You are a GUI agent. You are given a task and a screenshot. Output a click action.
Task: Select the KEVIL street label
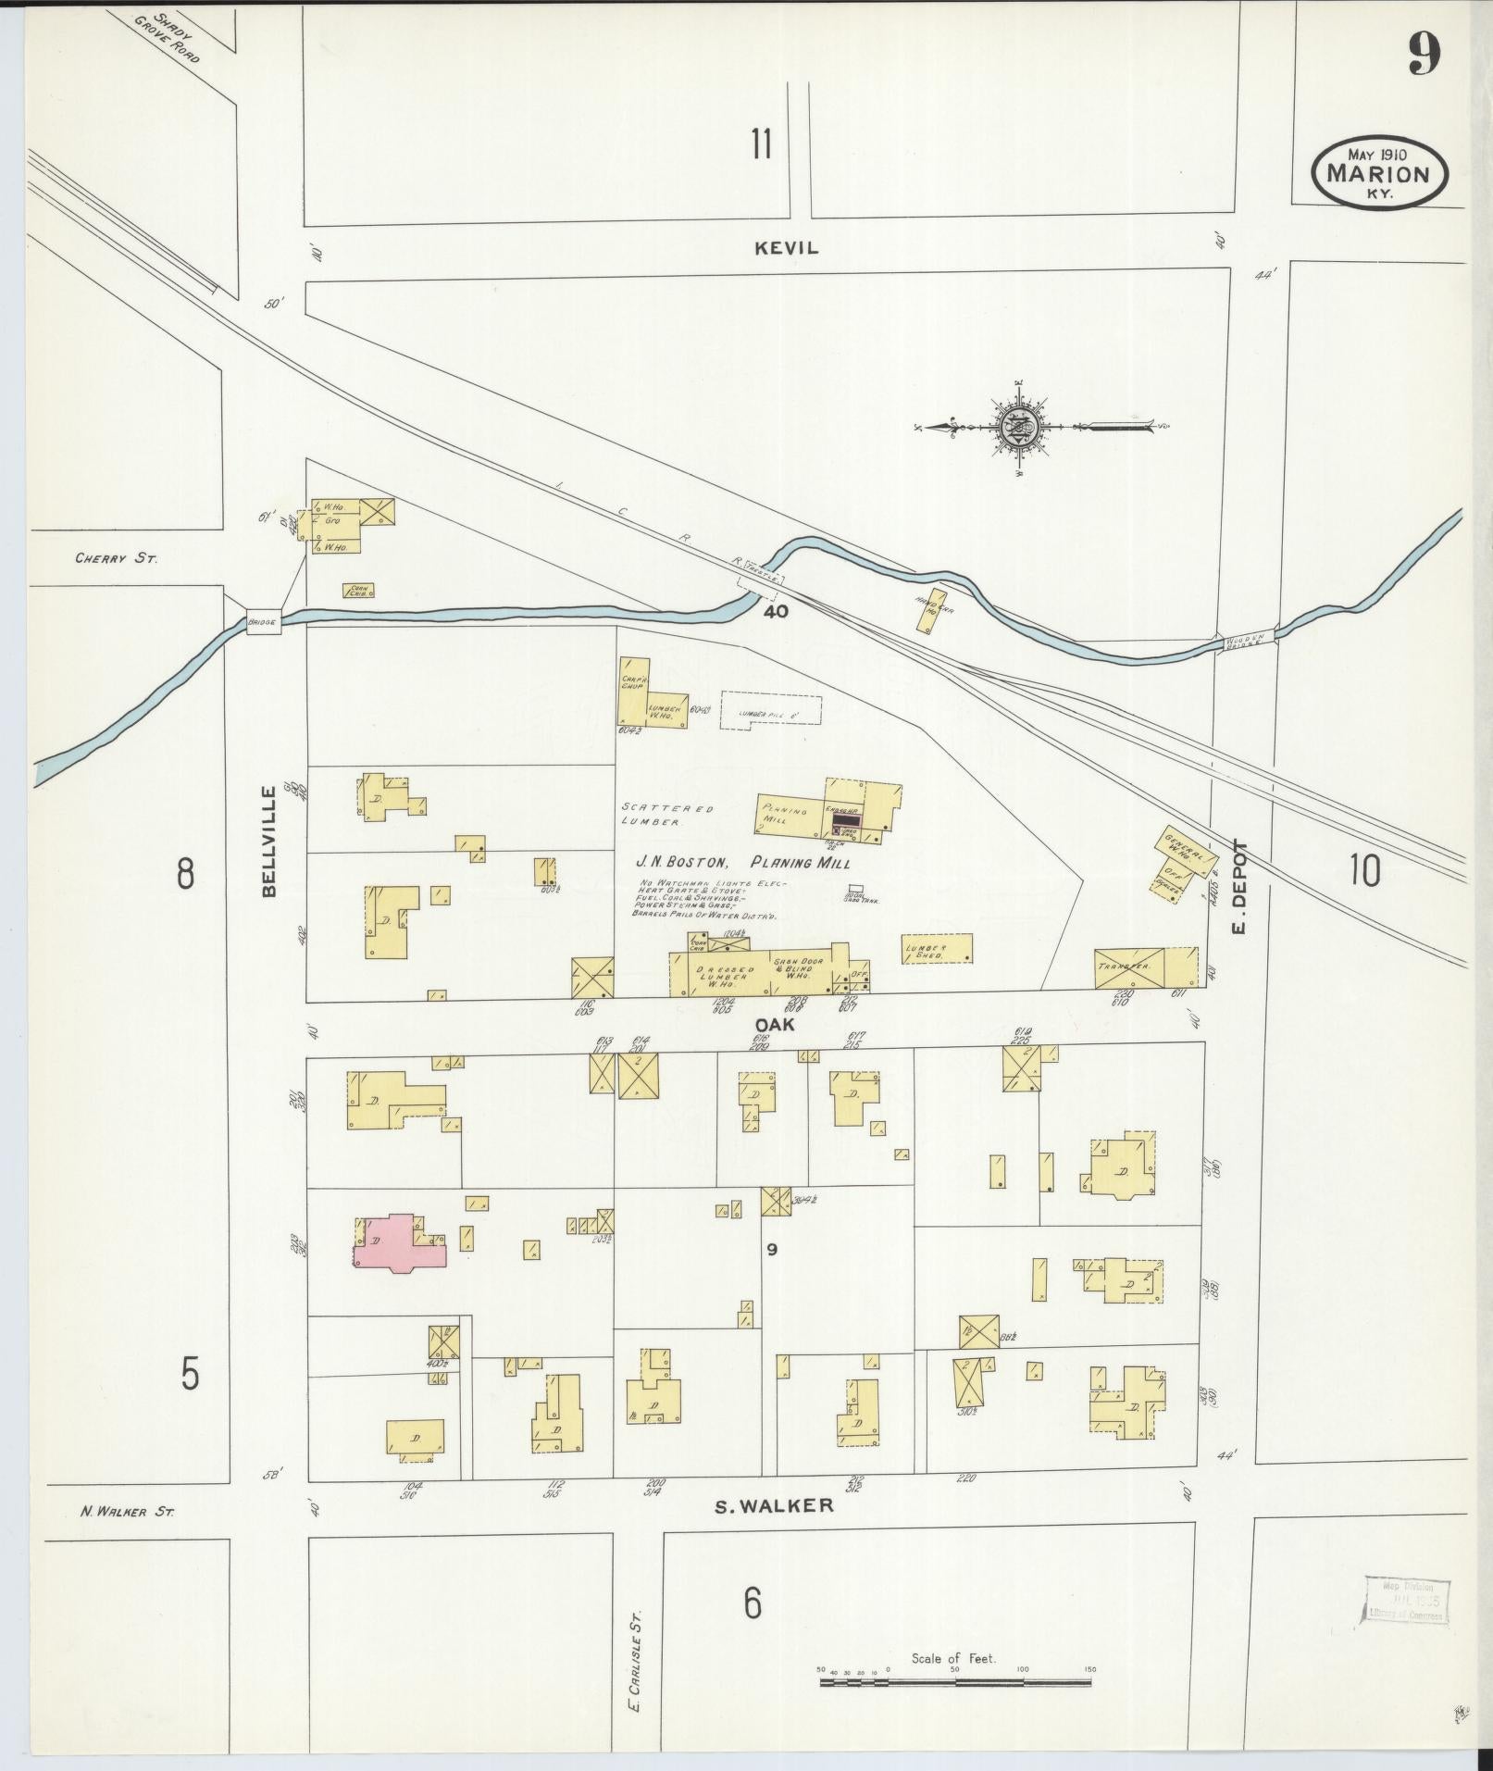tap(787, 248)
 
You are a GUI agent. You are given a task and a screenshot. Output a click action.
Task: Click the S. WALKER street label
tap(775, 1505)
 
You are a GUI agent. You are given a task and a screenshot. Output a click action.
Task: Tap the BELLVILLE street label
tap(269, 842)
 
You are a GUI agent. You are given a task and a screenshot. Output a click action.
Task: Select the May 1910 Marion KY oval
tap(1378, 172)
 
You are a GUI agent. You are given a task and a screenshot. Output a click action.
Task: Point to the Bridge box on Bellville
tap(262, 623)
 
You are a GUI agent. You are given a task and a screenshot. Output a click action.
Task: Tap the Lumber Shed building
tap(937, 949)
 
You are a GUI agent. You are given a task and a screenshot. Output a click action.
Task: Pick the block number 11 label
tap(761, 144)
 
